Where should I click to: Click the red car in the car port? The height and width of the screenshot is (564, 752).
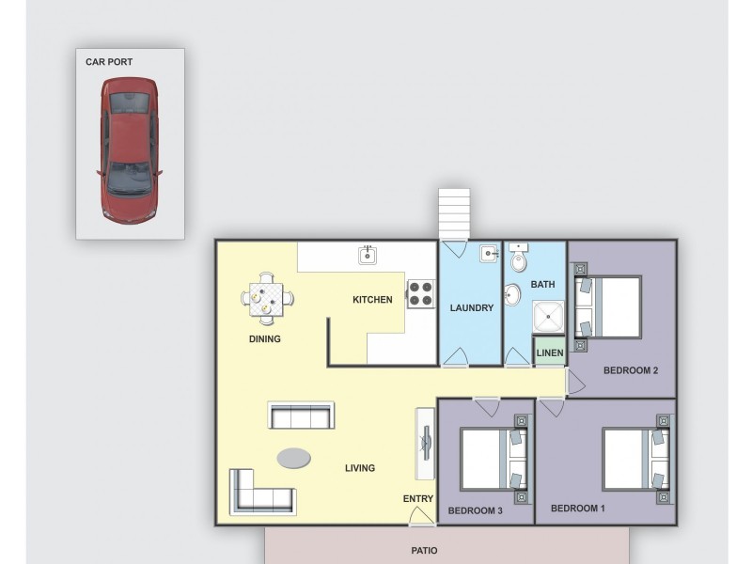(129, 150)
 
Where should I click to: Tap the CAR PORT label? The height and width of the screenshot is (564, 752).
(109, 62)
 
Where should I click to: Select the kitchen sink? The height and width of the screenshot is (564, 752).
(368, 255)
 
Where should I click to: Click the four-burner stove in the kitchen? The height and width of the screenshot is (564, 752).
(421, 293)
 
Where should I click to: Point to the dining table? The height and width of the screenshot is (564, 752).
(267, 299)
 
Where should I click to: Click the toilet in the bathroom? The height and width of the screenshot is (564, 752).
(519, 258)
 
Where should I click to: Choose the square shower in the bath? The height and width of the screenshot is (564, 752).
(549, 317)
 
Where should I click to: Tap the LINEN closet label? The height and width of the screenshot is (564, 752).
(550, 353)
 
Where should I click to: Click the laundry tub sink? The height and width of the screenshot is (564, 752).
(489, 253)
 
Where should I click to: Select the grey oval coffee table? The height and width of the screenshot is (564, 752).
(293, 458)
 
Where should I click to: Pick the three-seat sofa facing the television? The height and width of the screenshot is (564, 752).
(301, 415)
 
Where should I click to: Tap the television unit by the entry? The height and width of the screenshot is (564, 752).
(425, 443)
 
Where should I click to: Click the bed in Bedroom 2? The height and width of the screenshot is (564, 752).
(608, 307)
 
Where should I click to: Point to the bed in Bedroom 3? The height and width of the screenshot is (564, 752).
(494, 459)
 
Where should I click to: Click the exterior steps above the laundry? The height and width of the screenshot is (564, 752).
(454, 213)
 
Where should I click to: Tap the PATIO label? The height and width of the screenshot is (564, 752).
(425, 551)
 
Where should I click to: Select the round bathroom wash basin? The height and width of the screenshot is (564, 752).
(512, 294)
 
